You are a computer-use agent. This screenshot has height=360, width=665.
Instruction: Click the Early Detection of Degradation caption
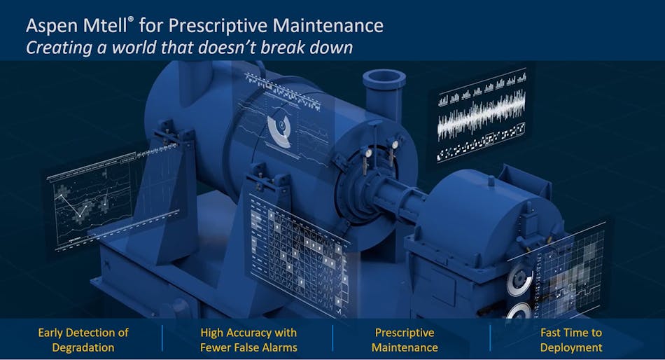tap(83, 340)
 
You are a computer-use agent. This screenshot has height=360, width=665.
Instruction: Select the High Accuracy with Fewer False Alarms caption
tap(248, 340)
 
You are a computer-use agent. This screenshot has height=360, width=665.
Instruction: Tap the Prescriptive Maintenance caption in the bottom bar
tap(405, 340)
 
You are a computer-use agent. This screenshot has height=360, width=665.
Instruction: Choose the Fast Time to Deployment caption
tap(570, 340)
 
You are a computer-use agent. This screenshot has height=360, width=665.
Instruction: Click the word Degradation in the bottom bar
tap(83, 347)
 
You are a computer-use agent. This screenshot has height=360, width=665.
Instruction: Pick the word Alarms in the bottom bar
tap(279, 347)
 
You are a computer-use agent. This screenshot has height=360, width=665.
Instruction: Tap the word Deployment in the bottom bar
tap(571, 347)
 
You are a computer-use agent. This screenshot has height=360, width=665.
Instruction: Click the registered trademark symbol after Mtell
tap(131, 20)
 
